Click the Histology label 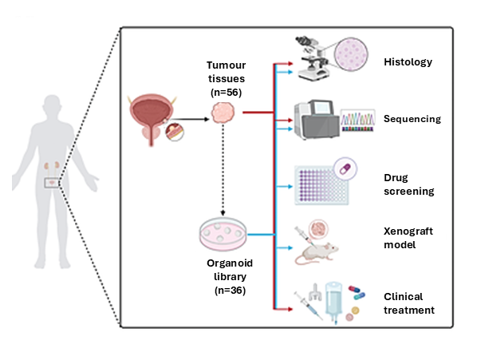point(408,62)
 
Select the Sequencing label point(412,119)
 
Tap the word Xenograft point(408,231)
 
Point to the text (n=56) point(226,93)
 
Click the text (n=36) point(230,291)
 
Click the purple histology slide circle point(351,54)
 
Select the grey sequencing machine point(317,120)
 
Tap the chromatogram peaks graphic point(357,121)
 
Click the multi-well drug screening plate point(321,185)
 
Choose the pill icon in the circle point(345,168)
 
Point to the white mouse point(317,252)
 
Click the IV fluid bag point(333,301)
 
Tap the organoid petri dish point(223,234)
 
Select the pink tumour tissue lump point(223,113)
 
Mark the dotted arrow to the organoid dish point(223,170)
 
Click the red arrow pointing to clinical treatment point(283,309)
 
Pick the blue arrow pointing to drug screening point(284,186)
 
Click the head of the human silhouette point(53,105)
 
